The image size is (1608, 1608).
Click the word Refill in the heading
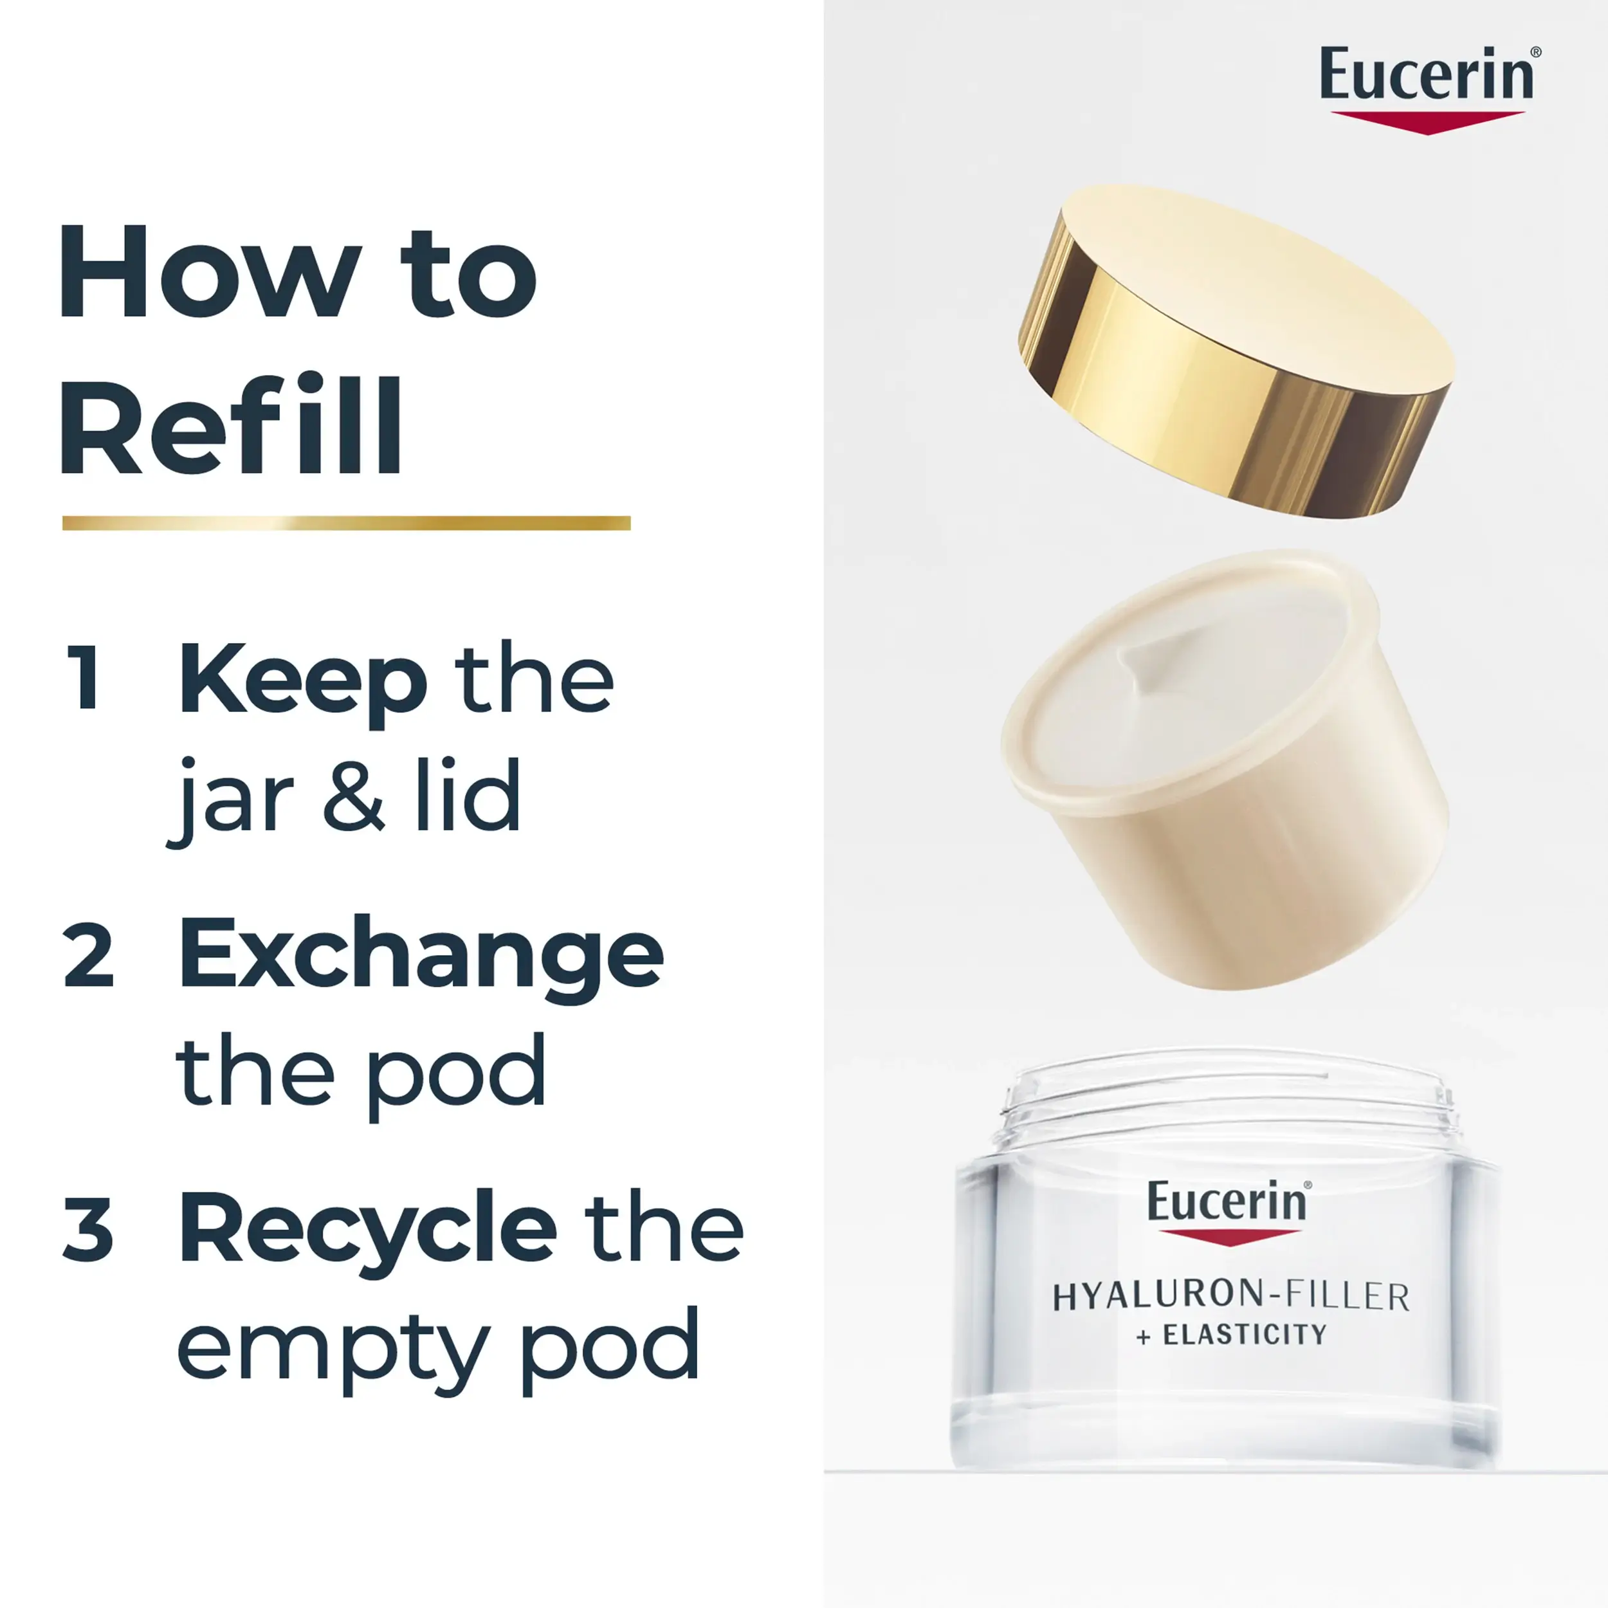tap(230, 425)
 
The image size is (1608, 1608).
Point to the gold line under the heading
tap(346, 523)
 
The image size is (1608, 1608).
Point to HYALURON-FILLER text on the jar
tap(1232, 1297)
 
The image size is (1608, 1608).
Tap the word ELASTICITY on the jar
tap(1245, 1335)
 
